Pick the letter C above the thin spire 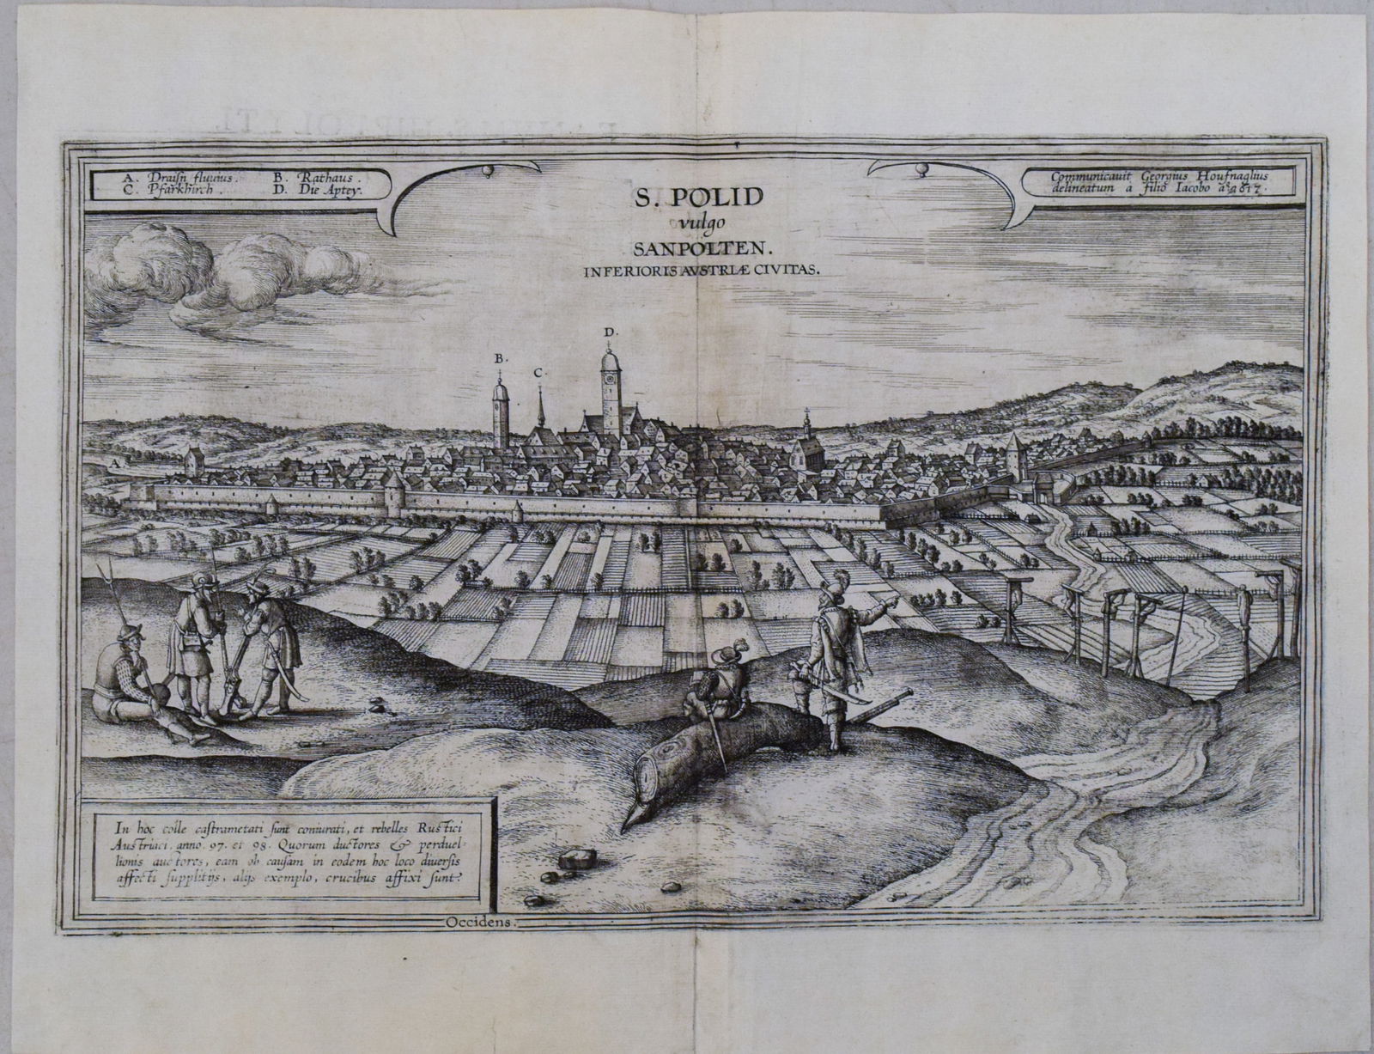538,373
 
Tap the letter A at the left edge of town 114,462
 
